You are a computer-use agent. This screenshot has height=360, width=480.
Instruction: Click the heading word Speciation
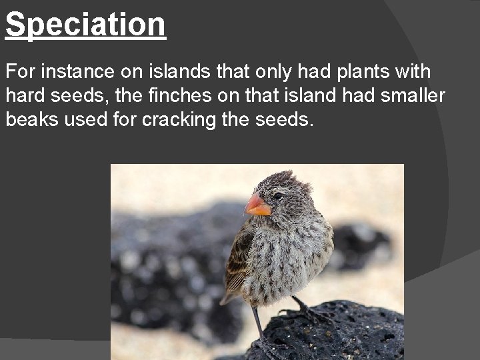point(85,25)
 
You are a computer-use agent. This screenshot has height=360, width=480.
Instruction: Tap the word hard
point(25,96)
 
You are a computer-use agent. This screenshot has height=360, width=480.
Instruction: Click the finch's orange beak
point(257,204)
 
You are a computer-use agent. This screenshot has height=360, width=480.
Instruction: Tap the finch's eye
point(277,196)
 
